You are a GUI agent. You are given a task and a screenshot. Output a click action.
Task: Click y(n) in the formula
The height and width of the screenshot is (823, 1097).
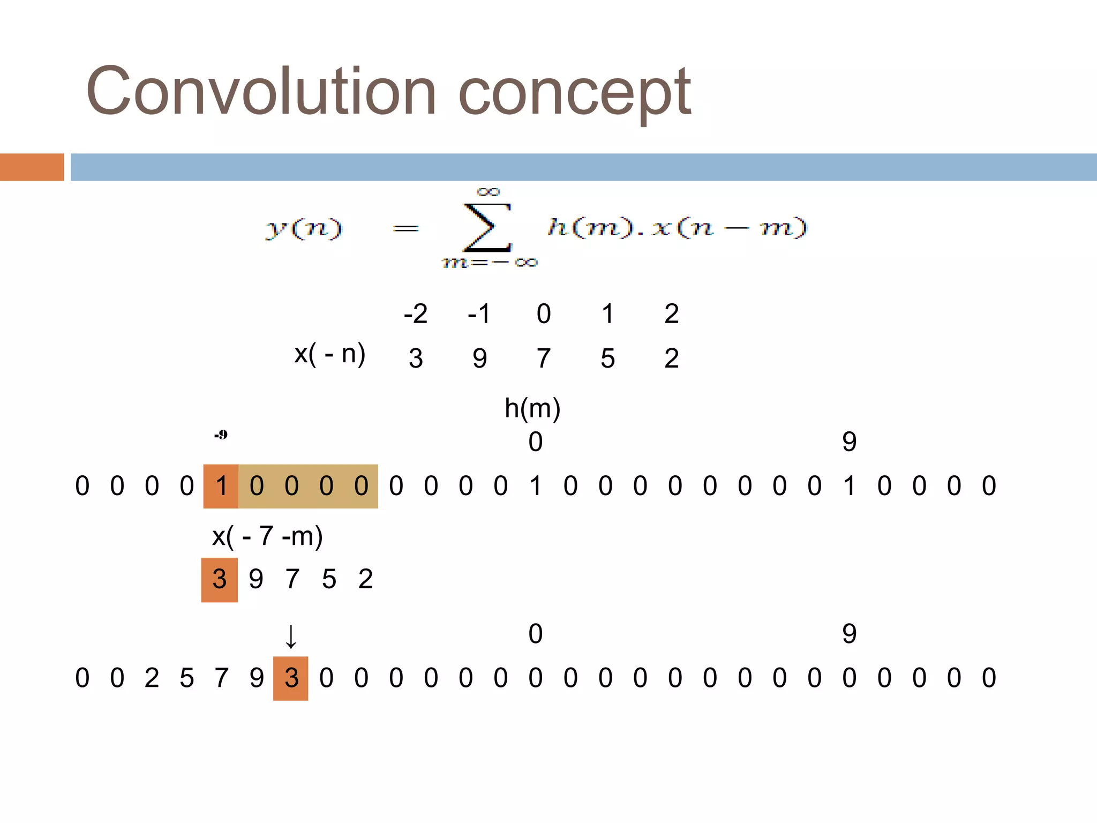pyautogui.click(x=303, y=228)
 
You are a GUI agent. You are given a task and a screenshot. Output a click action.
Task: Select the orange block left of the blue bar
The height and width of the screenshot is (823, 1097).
pyautogui.click(x=32, y=167)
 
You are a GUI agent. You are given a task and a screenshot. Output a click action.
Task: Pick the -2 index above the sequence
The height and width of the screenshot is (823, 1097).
pyautogui.click(x=415, y=314)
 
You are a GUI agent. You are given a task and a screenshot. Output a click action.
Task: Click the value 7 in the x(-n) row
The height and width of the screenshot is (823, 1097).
pyautogui.click(x=543, y=358)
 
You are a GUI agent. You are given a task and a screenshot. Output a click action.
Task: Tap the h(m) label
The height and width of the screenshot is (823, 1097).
pyautogui.click(x=532, y=408)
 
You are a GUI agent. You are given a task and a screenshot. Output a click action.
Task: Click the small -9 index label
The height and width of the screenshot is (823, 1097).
pyautogui.click(x=221, y=435)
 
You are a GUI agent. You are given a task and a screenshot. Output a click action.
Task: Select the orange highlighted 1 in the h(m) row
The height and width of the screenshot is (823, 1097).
pyautogui.click(x=221, y=487)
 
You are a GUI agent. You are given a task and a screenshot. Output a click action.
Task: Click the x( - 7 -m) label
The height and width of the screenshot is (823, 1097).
pyautogui.click(x=267, y=536)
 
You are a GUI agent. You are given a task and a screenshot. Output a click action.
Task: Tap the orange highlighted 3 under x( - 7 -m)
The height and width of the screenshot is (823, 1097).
pyautogui.click(x=220, y=580)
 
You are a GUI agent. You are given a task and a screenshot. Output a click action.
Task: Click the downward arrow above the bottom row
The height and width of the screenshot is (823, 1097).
pyautogui.click(x=291, y=637)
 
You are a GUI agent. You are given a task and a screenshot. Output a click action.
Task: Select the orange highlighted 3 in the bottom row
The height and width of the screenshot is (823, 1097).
pyautogui.click(x=291, y=678)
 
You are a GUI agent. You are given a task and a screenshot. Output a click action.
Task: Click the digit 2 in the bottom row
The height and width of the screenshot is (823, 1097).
pyautogui.click(x=152, y=678)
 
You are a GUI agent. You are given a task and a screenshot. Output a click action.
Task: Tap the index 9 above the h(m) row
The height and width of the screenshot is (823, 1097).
pyautogui.click(x=849, y=442)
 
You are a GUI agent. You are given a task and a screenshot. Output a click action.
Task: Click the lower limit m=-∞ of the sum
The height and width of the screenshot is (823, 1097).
pyautogui.click(x=489, y=263)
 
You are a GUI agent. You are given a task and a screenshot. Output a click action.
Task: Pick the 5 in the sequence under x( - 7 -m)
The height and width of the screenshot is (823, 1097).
pyautogui.click(x=329, y=580)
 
